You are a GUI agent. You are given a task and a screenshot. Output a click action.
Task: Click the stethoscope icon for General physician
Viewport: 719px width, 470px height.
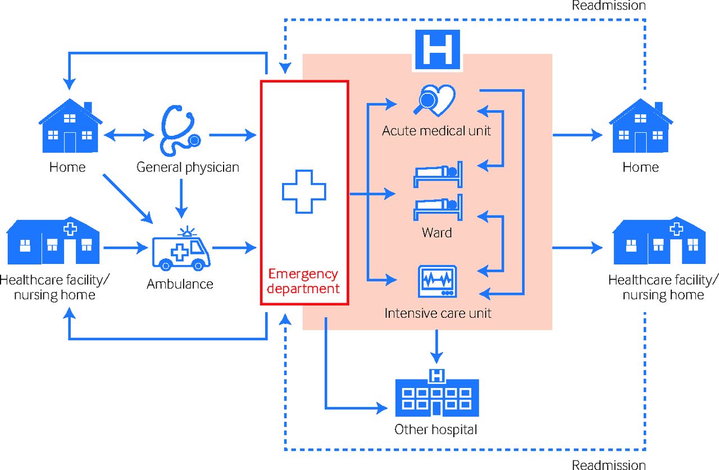point(180,132)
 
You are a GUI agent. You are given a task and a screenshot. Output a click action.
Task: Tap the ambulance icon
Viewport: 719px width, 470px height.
point(181,250)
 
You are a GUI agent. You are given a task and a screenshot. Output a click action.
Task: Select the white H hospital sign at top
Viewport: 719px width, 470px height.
point(437,51)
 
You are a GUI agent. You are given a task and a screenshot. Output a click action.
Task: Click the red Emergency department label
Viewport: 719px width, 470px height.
point(304,282)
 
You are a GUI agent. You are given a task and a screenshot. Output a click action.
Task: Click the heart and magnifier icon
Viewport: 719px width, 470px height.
point(435,100)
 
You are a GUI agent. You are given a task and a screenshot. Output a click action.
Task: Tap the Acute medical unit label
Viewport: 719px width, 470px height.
point(436,131)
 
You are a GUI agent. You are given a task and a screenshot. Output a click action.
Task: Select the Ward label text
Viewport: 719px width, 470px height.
point(436,232)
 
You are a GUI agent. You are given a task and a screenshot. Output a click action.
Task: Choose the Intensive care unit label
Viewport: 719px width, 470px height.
point(438,313)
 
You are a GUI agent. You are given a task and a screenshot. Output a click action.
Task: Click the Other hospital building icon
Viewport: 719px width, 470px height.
point(436,393)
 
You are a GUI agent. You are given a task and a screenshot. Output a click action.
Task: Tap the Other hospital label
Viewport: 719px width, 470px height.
point(436,430)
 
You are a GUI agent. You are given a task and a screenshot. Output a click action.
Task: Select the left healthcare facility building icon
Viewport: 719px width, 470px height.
point(54,241)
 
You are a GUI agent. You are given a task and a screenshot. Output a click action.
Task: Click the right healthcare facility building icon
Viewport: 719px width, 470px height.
point(658,241)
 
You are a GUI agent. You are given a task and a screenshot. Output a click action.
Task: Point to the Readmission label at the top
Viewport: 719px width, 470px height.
point(609,6)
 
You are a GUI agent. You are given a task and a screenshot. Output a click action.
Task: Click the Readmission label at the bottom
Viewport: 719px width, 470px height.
point(609,464)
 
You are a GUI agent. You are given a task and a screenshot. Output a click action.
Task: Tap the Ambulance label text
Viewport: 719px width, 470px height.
point(180,284)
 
